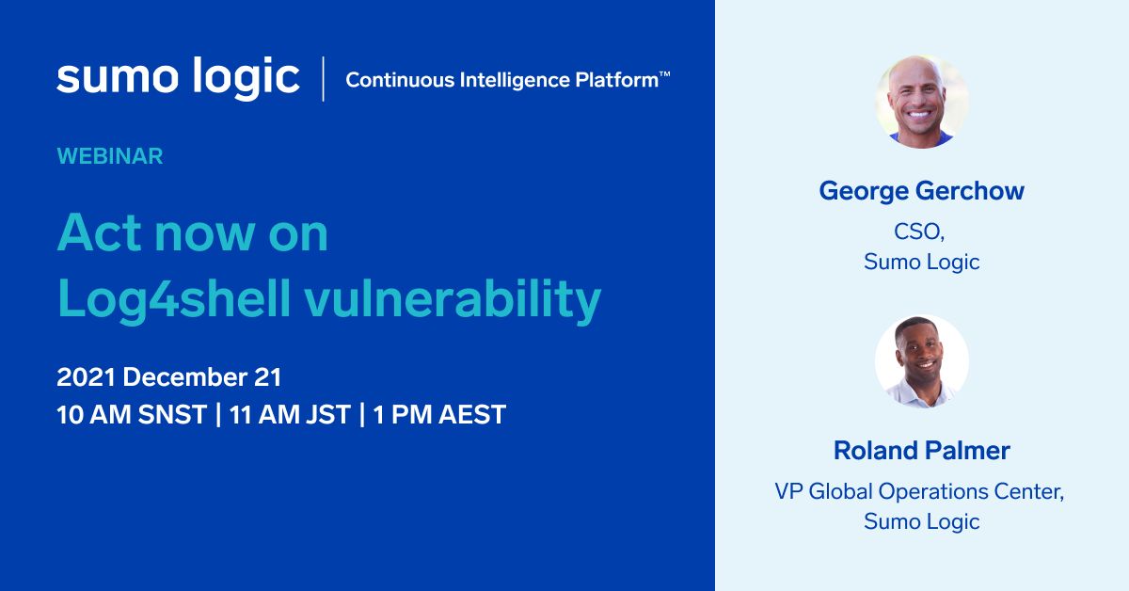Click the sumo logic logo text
[x=178, y=78]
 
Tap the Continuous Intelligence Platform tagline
[x=501, y=80]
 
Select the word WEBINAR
[x=110, y=156]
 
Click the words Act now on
[x=193, y=232]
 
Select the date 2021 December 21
[x=169, y=377]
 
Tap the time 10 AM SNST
[x=132, y=415]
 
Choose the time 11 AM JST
[x=290, y=415]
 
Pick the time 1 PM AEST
[x=439, y=415]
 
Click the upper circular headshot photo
[x=922, y=102]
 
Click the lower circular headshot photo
[x=922, y=361]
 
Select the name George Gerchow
[x=922, y=191]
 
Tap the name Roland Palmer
[x=922, y=451]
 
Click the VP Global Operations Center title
[x=919, y=491]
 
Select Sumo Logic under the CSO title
[x=922, y=262]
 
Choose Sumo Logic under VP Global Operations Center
[x=922, y=521]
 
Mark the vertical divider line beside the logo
[x=324, y=79]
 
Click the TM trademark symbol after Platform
[x=664, y=73]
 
